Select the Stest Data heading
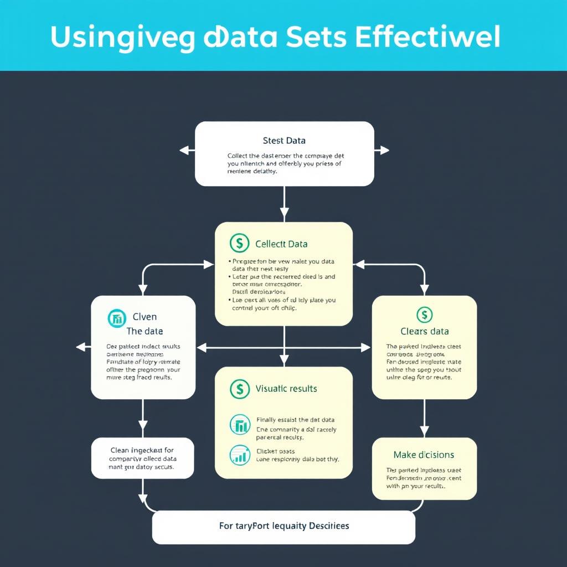point(284,141)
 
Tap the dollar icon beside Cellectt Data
point(239,243)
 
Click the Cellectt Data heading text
point(281,244)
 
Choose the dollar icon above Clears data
point(424,315)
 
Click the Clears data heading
point(424,331)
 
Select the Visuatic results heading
point(286,388)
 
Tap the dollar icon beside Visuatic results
point(239,389)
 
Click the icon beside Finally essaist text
point(239,425)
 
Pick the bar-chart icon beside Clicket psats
point(239,455)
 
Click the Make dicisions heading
point(424,455)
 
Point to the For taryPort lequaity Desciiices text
point(284,525)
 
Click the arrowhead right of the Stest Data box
point(384,150)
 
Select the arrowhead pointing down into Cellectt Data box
point(284,214)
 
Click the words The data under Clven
point(145,331)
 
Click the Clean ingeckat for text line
point(142,450)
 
